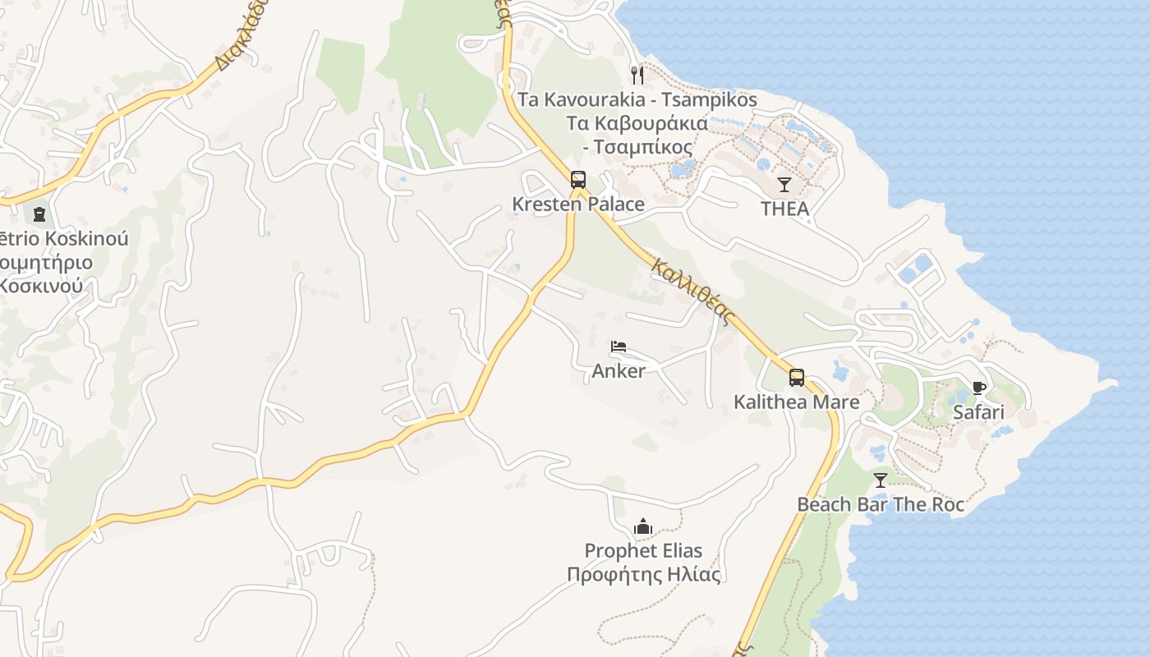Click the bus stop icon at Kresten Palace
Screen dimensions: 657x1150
(x=577, y=180)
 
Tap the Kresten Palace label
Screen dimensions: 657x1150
(x=577, y=204)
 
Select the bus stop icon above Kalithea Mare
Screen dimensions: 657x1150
(x=796, y=378)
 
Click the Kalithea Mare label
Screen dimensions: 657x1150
(x=796, y=402)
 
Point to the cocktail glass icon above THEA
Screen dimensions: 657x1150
(x=784, y=185)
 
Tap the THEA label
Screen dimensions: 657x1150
(x=784, y=209)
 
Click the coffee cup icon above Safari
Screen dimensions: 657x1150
(x=978, y=388)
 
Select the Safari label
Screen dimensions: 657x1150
(x=978, y=411)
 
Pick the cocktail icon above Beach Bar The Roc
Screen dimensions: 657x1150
(x=881, y=480)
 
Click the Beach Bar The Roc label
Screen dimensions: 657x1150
(x=881, y=504)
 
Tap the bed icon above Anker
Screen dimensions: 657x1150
(x=619, y=347)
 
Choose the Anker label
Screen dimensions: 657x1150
(x=619, y=370)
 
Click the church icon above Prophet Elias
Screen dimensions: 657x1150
(x=643, y=526)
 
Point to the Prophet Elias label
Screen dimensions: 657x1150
(x=643, y=550)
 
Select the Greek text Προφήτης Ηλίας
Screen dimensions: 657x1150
(x=643, y=574)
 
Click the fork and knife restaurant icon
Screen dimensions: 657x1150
(x=637, y=76)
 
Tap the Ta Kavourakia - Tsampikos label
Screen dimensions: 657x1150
(x=637, y=100)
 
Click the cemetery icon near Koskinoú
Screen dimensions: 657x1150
(x=39, y=215)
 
